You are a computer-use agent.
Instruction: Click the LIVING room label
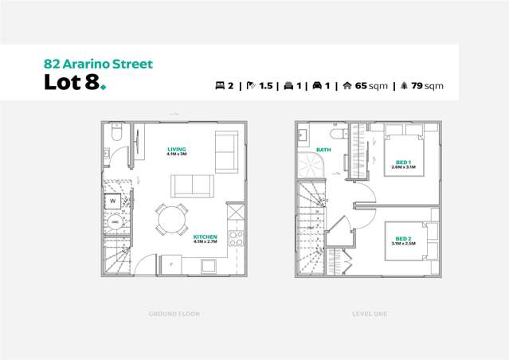(176, 149)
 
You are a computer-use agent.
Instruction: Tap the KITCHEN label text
(206, 237)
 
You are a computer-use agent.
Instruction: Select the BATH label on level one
(323, 149)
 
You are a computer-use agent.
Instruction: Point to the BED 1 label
(403, 162)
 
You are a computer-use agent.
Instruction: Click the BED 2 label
(403, 238)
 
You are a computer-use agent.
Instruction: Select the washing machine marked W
(113, 202)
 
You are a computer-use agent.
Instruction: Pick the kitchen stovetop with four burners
(236, 236)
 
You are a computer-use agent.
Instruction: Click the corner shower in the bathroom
(308, 165)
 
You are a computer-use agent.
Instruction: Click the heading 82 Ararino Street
(96, 64)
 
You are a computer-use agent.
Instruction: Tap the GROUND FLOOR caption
(174, 314)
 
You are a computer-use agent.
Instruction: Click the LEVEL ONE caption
(370, 314)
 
